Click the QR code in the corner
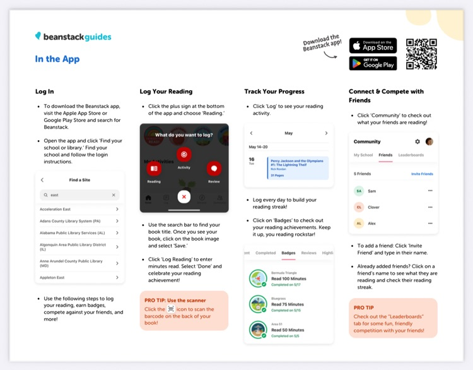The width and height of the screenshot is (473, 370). tap(421, 54)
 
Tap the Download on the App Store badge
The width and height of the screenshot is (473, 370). tap(373, 45)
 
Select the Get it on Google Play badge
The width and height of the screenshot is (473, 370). tap(373, 63)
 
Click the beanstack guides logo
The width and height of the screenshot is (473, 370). tap(73, 37)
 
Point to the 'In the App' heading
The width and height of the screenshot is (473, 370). tap(57, 59)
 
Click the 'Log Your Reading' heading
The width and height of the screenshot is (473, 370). tap(166, 92)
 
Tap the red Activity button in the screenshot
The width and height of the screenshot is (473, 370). tap(184, 154)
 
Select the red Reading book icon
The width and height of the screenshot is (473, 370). tap(154, 169)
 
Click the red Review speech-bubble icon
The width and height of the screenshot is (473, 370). tap(214, 169)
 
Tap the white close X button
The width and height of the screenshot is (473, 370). tap(184, 196)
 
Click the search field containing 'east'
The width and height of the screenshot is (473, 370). tap(79, 195)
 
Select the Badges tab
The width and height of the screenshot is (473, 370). tap(288, 253)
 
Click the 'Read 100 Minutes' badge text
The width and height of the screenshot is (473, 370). tap(289, 278)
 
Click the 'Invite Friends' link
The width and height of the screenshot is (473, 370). tap(422, 174)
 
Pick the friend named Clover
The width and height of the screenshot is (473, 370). tap(373, 207)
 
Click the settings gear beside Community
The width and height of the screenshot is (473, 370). tap(417, 142)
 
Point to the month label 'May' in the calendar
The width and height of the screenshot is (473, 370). tap(289, 133)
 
